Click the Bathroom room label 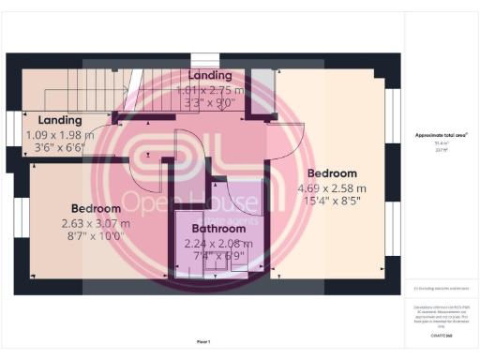click(218, 228)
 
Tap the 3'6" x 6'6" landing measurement click(60, 147)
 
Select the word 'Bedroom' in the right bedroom click(333, 173)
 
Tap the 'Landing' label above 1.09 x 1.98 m click(60, 120)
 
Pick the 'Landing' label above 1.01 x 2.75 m click(210, 75)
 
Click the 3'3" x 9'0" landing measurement click(210, 103)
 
